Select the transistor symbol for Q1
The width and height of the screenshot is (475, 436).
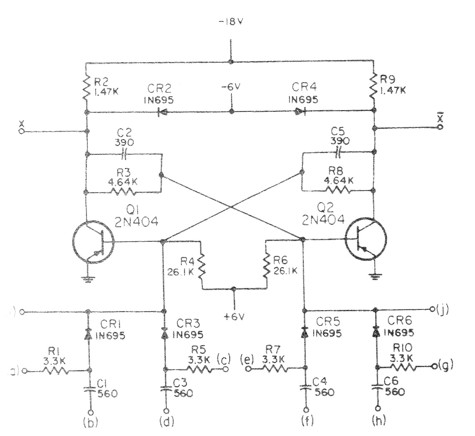tap(92, 243)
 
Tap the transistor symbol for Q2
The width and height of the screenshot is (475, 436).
tap(365, 238)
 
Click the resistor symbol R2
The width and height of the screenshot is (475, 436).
tap(86, 87)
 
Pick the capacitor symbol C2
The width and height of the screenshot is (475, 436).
tap(124, 154)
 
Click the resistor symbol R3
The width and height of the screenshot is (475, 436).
tap(123, 192)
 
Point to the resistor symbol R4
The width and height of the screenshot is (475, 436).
tap(202, 266)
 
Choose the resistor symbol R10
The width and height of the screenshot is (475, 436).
tap(403, 367)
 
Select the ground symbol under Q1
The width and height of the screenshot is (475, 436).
tap(87, 280)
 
